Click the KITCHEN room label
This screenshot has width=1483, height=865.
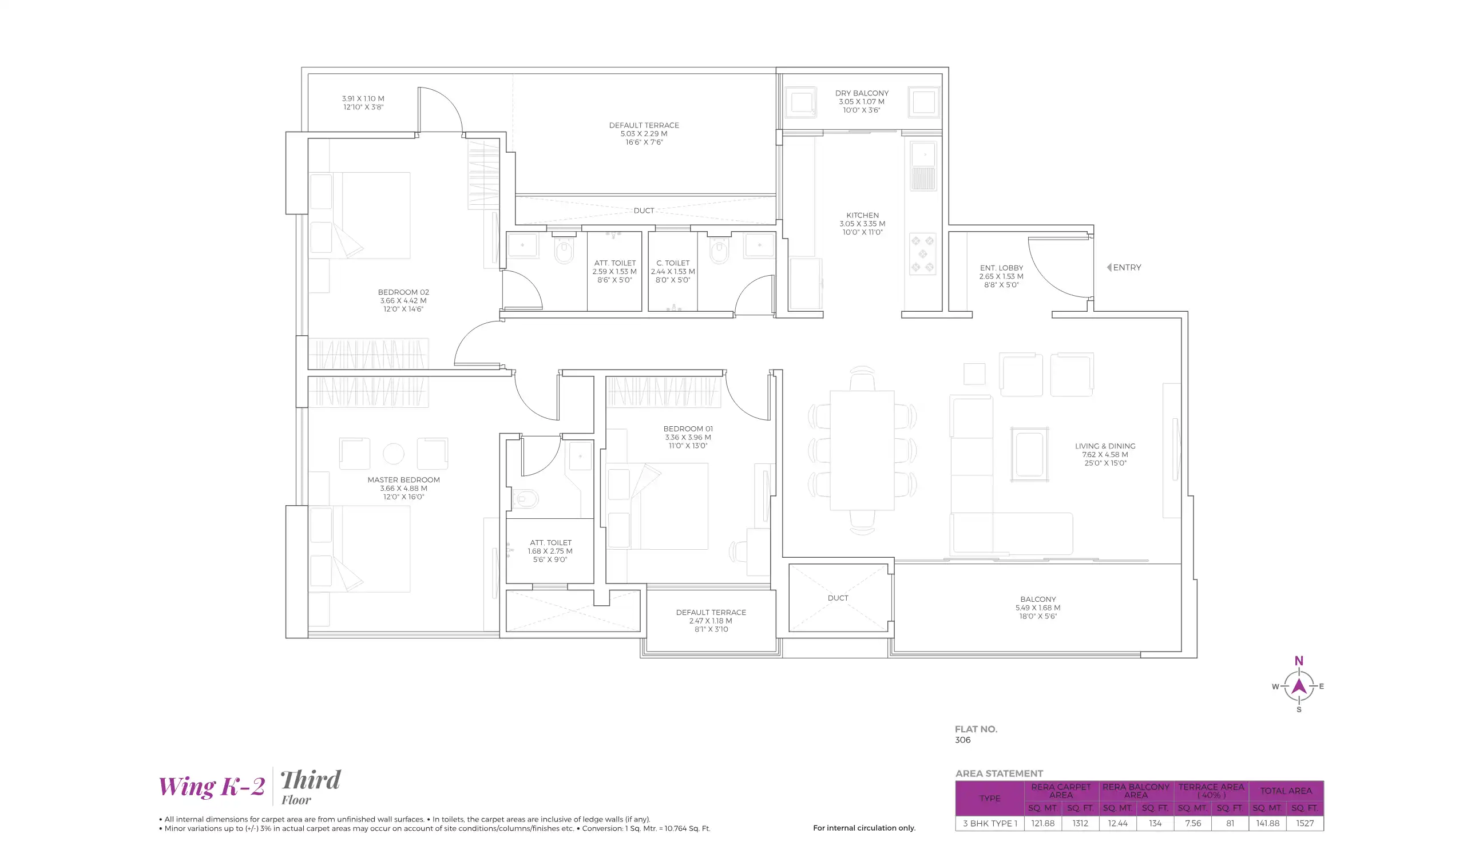click(x=862, y=216)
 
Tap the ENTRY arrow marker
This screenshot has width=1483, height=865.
click(x=1109, y=268)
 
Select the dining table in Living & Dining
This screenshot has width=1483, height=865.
click(x=862, y=450)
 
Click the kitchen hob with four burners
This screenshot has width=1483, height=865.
click(x=922, y=254)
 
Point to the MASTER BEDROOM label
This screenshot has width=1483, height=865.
click(x=404, y=480)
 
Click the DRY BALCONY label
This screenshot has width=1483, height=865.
click(x=862, y=94)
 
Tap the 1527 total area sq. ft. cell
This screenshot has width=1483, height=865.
click(x=1304, y=824)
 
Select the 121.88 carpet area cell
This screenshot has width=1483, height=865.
click(x=1043, y=824)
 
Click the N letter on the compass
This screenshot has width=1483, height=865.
click(x=1299, y=661)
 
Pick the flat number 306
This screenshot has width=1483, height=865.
click(x=963, y=740)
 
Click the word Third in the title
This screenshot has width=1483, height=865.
click(x=310, y=781)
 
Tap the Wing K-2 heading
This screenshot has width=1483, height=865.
click(x=212, y=787)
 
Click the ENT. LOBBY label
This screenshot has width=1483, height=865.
click(x=1002, y=268)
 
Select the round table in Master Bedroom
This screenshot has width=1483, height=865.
click(x=394, y=454)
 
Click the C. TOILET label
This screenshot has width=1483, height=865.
click(x=673, y=264)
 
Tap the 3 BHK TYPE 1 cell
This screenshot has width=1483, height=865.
click(x=990, y=824)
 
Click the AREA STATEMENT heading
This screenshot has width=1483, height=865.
click(x=1000, y=774)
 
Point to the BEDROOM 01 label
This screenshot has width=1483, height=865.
click(x=688, y=429)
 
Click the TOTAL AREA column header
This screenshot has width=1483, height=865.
click(x=1286, y=791)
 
